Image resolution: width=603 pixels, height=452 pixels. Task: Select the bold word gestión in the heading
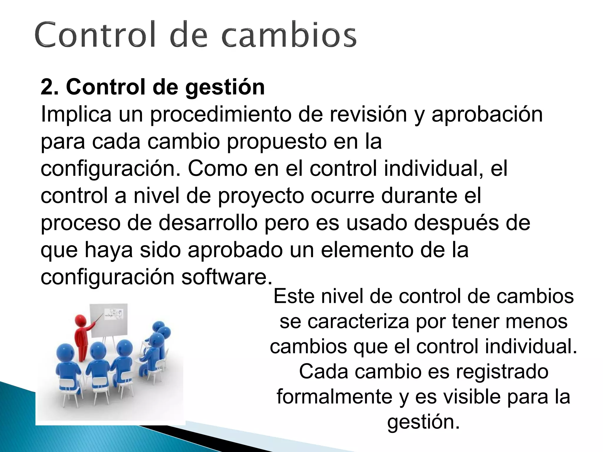pyautogui.click(x=225, y=88)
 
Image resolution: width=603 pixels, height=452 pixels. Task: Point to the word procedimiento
pyautogui.click(x=221, y=115)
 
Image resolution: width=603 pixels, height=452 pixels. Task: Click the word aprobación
pyautogui.click(x=487, y=115)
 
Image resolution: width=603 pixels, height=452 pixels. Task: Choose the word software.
pyautogui.click(x=227, y=277)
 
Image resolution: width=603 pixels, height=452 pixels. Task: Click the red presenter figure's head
pyautogui.click(x=80, y=320)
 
